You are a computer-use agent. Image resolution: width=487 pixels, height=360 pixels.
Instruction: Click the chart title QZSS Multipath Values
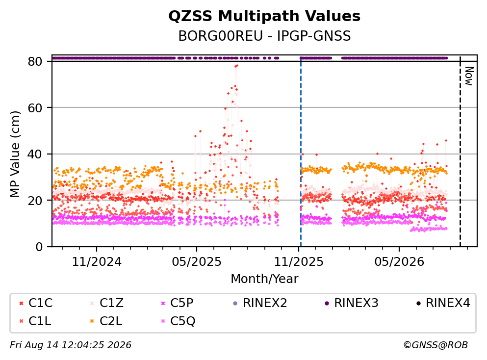264,16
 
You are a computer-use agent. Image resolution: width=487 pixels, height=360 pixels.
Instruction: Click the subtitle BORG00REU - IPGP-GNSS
264,36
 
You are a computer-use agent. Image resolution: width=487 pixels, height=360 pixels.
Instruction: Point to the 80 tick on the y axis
35,61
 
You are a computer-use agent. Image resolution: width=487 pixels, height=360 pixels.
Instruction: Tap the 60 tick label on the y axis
35,108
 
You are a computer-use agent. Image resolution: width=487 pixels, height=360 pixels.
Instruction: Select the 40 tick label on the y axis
35,154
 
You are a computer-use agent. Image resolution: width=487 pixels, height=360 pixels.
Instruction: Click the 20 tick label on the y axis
35,200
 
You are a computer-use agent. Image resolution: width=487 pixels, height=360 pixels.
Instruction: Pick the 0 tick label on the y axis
39,247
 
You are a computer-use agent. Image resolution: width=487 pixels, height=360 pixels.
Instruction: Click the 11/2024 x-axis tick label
97,262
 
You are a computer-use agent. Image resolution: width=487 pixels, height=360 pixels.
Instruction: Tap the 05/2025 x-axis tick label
197,262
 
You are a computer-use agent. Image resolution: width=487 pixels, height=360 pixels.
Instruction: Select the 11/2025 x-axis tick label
299,262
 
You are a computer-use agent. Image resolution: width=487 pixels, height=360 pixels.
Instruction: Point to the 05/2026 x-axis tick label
399,262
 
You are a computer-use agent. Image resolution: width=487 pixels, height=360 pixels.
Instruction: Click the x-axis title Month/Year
264,279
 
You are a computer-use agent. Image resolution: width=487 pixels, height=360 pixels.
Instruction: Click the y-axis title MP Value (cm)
15,154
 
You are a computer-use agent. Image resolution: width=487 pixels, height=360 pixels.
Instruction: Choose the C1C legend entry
36,303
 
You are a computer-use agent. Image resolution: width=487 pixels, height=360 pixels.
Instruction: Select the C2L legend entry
106,321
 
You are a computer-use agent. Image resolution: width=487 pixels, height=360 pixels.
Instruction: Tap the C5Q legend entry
179,321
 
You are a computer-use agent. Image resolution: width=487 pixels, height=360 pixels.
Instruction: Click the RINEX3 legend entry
352,303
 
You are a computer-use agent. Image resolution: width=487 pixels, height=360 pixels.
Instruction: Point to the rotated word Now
469,76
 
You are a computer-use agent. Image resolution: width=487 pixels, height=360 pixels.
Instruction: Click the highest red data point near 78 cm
237,66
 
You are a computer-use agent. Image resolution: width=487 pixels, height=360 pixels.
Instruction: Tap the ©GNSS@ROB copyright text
436,345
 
